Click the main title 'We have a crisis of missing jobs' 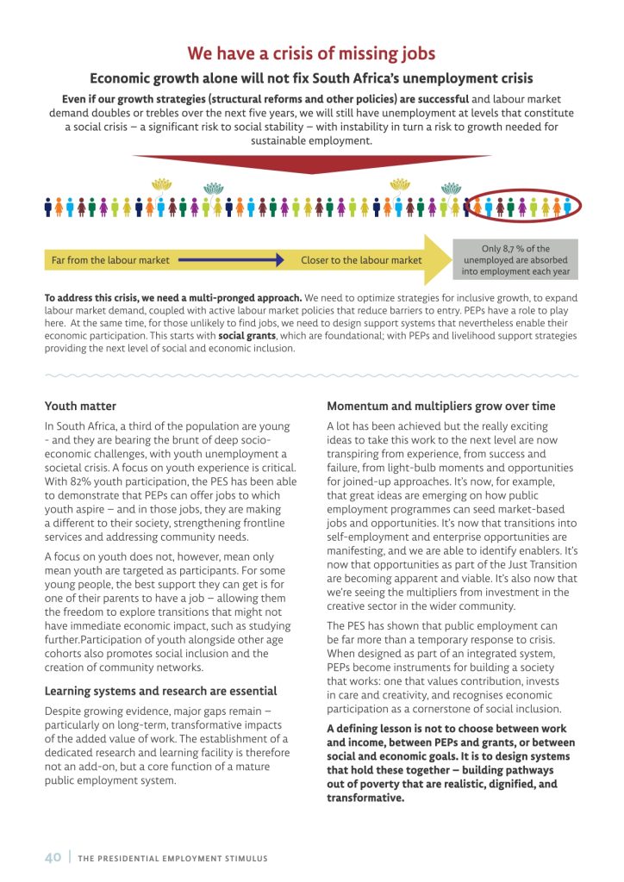[311, 53]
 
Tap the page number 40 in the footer [53, 858]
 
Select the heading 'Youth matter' [80, 406]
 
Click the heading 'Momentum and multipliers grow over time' [440, 406]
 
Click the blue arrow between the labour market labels [233, 259]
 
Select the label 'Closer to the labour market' [361, 259]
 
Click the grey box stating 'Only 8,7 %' [515, 260]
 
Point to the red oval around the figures [524, 207]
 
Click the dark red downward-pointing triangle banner [311, 163]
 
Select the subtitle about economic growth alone [311, 78]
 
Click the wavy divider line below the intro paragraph [311, 376]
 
